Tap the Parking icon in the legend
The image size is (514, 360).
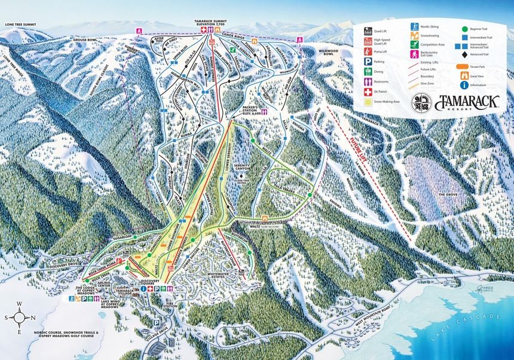[x=369, y=62]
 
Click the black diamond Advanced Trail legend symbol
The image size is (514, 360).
[x=464, y=54]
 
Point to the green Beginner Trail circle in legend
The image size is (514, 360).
[x=464, y=28]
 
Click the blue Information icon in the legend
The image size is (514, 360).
[x=464, y=84]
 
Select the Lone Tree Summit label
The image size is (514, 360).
[x=20, y=25]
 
